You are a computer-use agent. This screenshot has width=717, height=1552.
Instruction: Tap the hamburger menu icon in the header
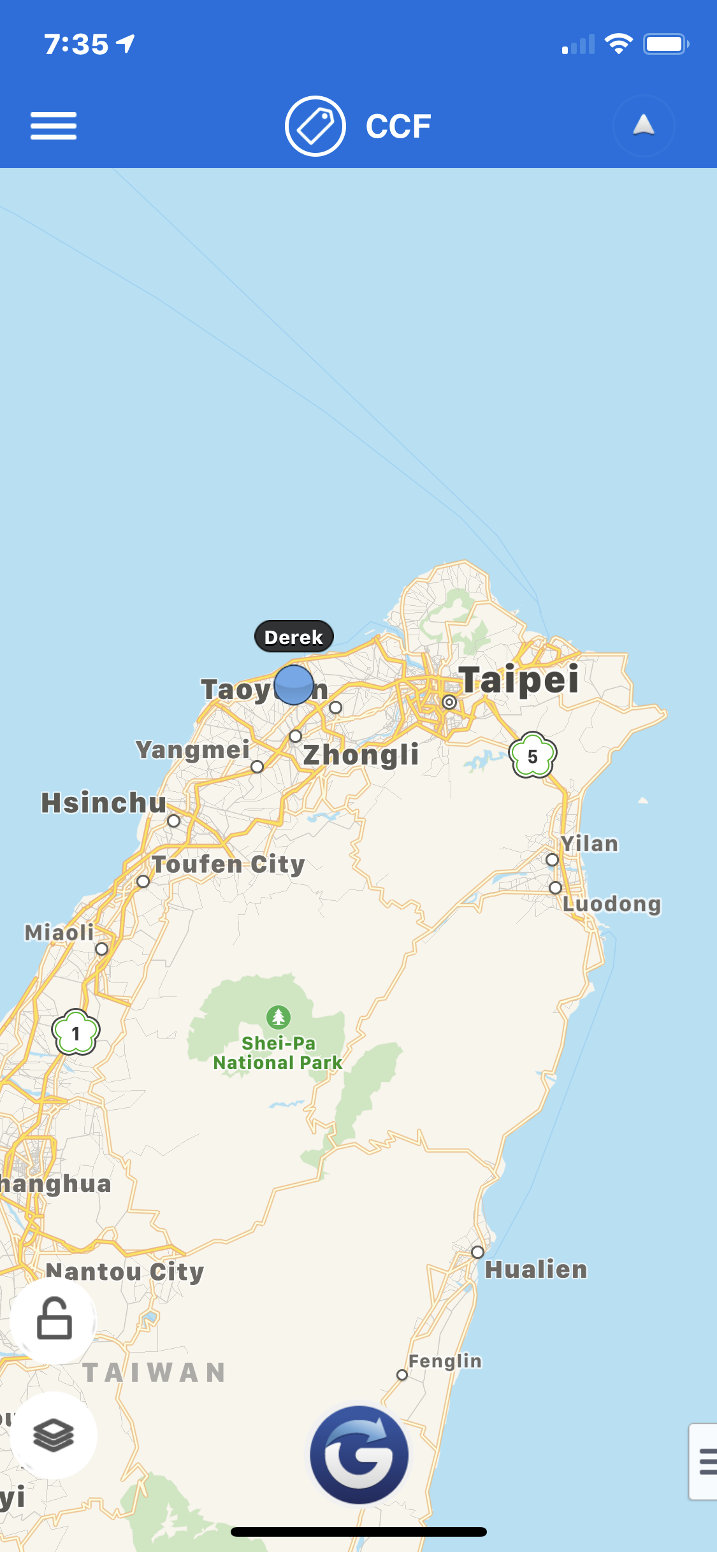coord(54,126)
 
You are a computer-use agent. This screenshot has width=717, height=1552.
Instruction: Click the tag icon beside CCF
coord(315,126)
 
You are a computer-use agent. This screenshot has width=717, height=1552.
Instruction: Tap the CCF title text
coord(398,126)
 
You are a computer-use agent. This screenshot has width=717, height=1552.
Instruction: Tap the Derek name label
coord(294,636)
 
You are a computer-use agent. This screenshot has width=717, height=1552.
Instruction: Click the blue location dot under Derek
coord(294,685)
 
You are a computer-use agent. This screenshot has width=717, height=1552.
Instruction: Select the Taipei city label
coord(519,679)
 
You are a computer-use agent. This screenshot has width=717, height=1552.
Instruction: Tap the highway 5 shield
coord(533,756)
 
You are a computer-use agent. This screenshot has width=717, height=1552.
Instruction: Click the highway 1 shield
coord(76,1033)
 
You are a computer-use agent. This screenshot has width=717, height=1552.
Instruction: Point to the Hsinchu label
coord(103,803)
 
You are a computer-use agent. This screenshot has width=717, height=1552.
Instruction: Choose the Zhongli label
coord(361,755)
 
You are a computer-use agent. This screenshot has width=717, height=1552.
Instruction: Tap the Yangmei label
coord(192,749)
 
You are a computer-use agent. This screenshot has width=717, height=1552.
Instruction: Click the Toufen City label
coord(228,865)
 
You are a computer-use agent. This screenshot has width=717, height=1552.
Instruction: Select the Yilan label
coord(590,844)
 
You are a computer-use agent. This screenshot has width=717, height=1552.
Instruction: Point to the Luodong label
coord(612,903)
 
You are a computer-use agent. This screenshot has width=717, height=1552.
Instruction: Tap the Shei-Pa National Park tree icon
coord(279,1017)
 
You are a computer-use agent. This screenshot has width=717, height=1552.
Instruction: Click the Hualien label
coord(536,1269)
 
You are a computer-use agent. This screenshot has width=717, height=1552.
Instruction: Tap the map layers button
coord(54,1436)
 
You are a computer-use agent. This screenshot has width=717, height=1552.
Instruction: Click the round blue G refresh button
coord(359,1455)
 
